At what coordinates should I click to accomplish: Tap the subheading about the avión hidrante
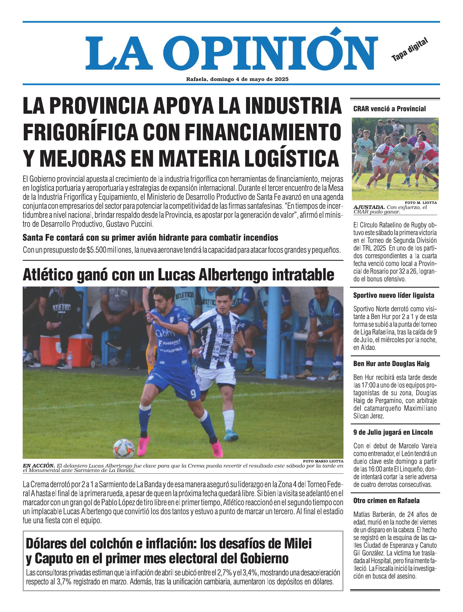(x=150, y=238)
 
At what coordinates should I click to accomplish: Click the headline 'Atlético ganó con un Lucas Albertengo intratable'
(x=178, y=275)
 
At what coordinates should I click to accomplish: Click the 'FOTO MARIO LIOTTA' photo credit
(x=323, y=461)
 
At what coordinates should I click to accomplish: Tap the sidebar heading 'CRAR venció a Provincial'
(x=389, y=109)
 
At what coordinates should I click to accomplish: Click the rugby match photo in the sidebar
(x=395, y=158)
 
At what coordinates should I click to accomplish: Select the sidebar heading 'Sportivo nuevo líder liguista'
(x=394, y=295)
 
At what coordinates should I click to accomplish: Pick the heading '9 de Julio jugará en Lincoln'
(x=393, y=432)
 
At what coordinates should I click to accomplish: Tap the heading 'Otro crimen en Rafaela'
(x=386, y=501)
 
